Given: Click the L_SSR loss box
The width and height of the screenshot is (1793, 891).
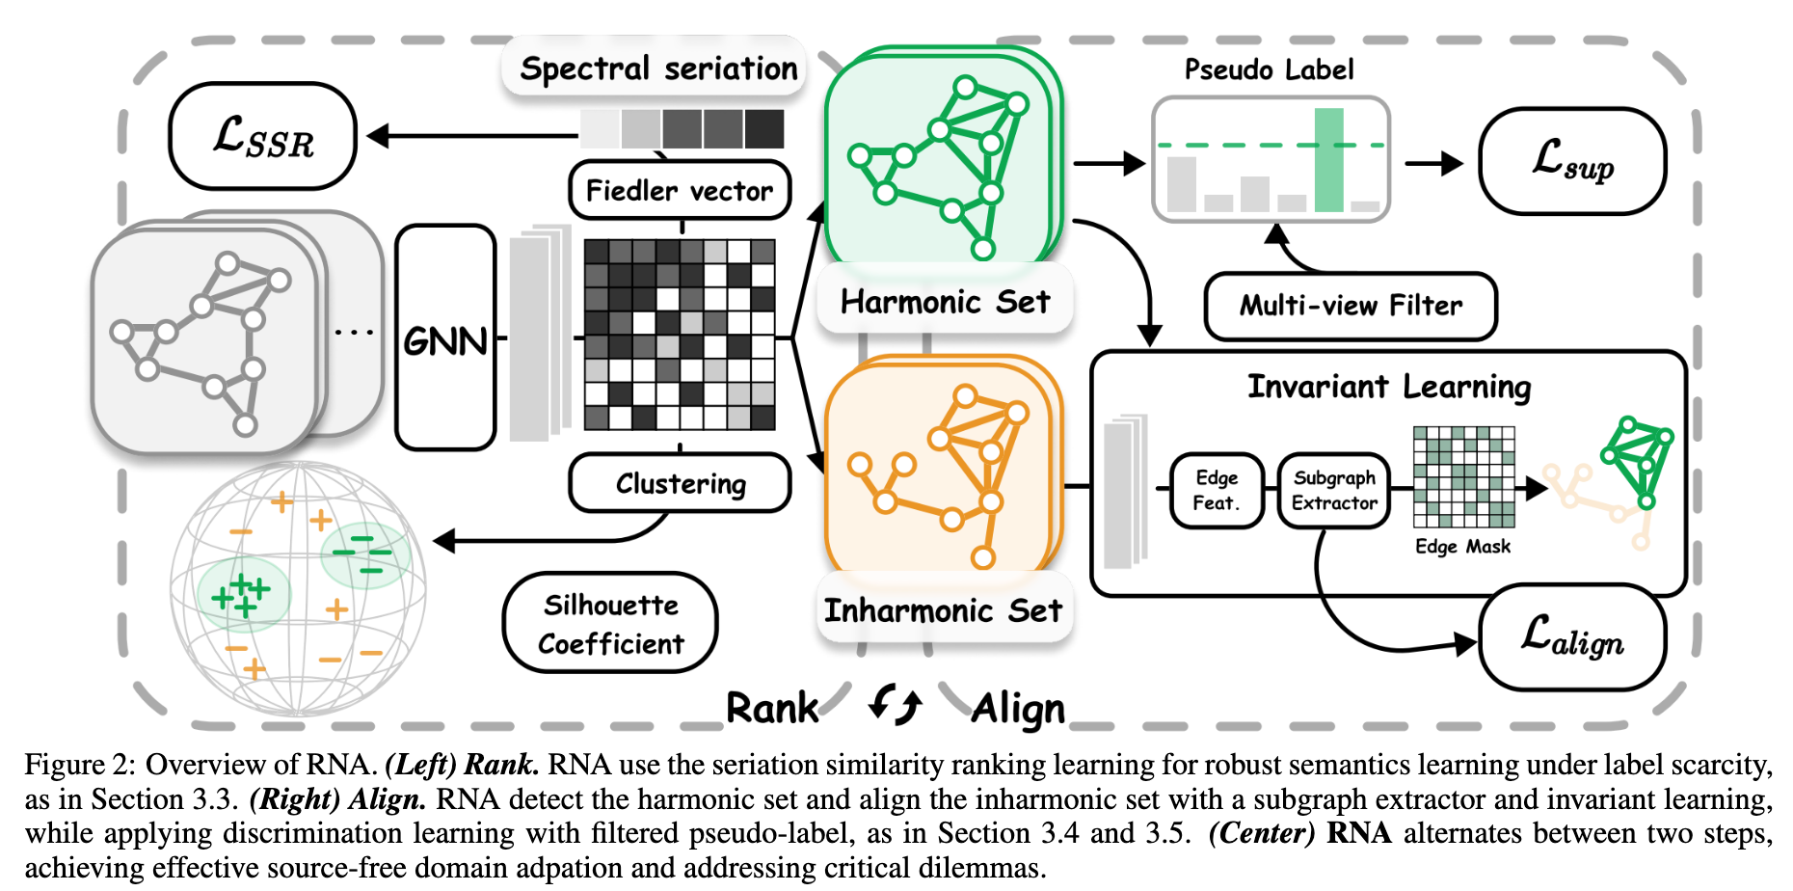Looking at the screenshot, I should [262, 136].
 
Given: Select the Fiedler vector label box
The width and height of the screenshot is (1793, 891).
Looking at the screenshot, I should [680, 190].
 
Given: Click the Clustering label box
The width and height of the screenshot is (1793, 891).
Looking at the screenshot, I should [680, 483].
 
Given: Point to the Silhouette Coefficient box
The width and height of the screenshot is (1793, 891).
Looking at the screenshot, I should [610, 624].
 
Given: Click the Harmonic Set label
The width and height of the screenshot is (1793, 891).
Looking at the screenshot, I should [945, 302].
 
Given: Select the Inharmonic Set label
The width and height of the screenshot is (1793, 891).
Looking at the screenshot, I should [943, 610].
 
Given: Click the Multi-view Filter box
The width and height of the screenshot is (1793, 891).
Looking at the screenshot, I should [1351, 306].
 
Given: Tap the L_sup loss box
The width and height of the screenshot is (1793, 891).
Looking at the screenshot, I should [1572, 161].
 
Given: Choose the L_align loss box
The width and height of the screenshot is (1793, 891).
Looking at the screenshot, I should [1572, 637].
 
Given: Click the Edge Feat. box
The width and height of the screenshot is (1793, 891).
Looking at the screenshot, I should [1217, 490].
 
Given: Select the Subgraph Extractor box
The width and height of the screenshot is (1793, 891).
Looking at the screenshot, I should [1334, 490].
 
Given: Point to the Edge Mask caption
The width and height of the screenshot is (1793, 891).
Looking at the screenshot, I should [1462, 547].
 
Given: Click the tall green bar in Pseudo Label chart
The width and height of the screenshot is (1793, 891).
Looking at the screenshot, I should [1328, 160].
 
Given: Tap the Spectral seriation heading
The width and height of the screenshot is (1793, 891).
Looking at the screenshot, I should [658, 68].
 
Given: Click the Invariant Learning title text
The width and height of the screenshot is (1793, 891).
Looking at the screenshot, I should [1388, 387].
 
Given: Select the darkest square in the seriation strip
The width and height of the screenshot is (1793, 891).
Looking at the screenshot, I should [764, 128].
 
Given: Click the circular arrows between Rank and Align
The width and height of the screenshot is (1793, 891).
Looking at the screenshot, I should [895, 704].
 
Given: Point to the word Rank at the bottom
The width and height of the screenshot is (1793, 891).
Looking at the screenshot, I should [771, 708].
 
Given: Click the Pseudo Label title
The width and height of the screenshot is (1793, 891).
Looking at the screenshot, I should [1269, 69].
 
